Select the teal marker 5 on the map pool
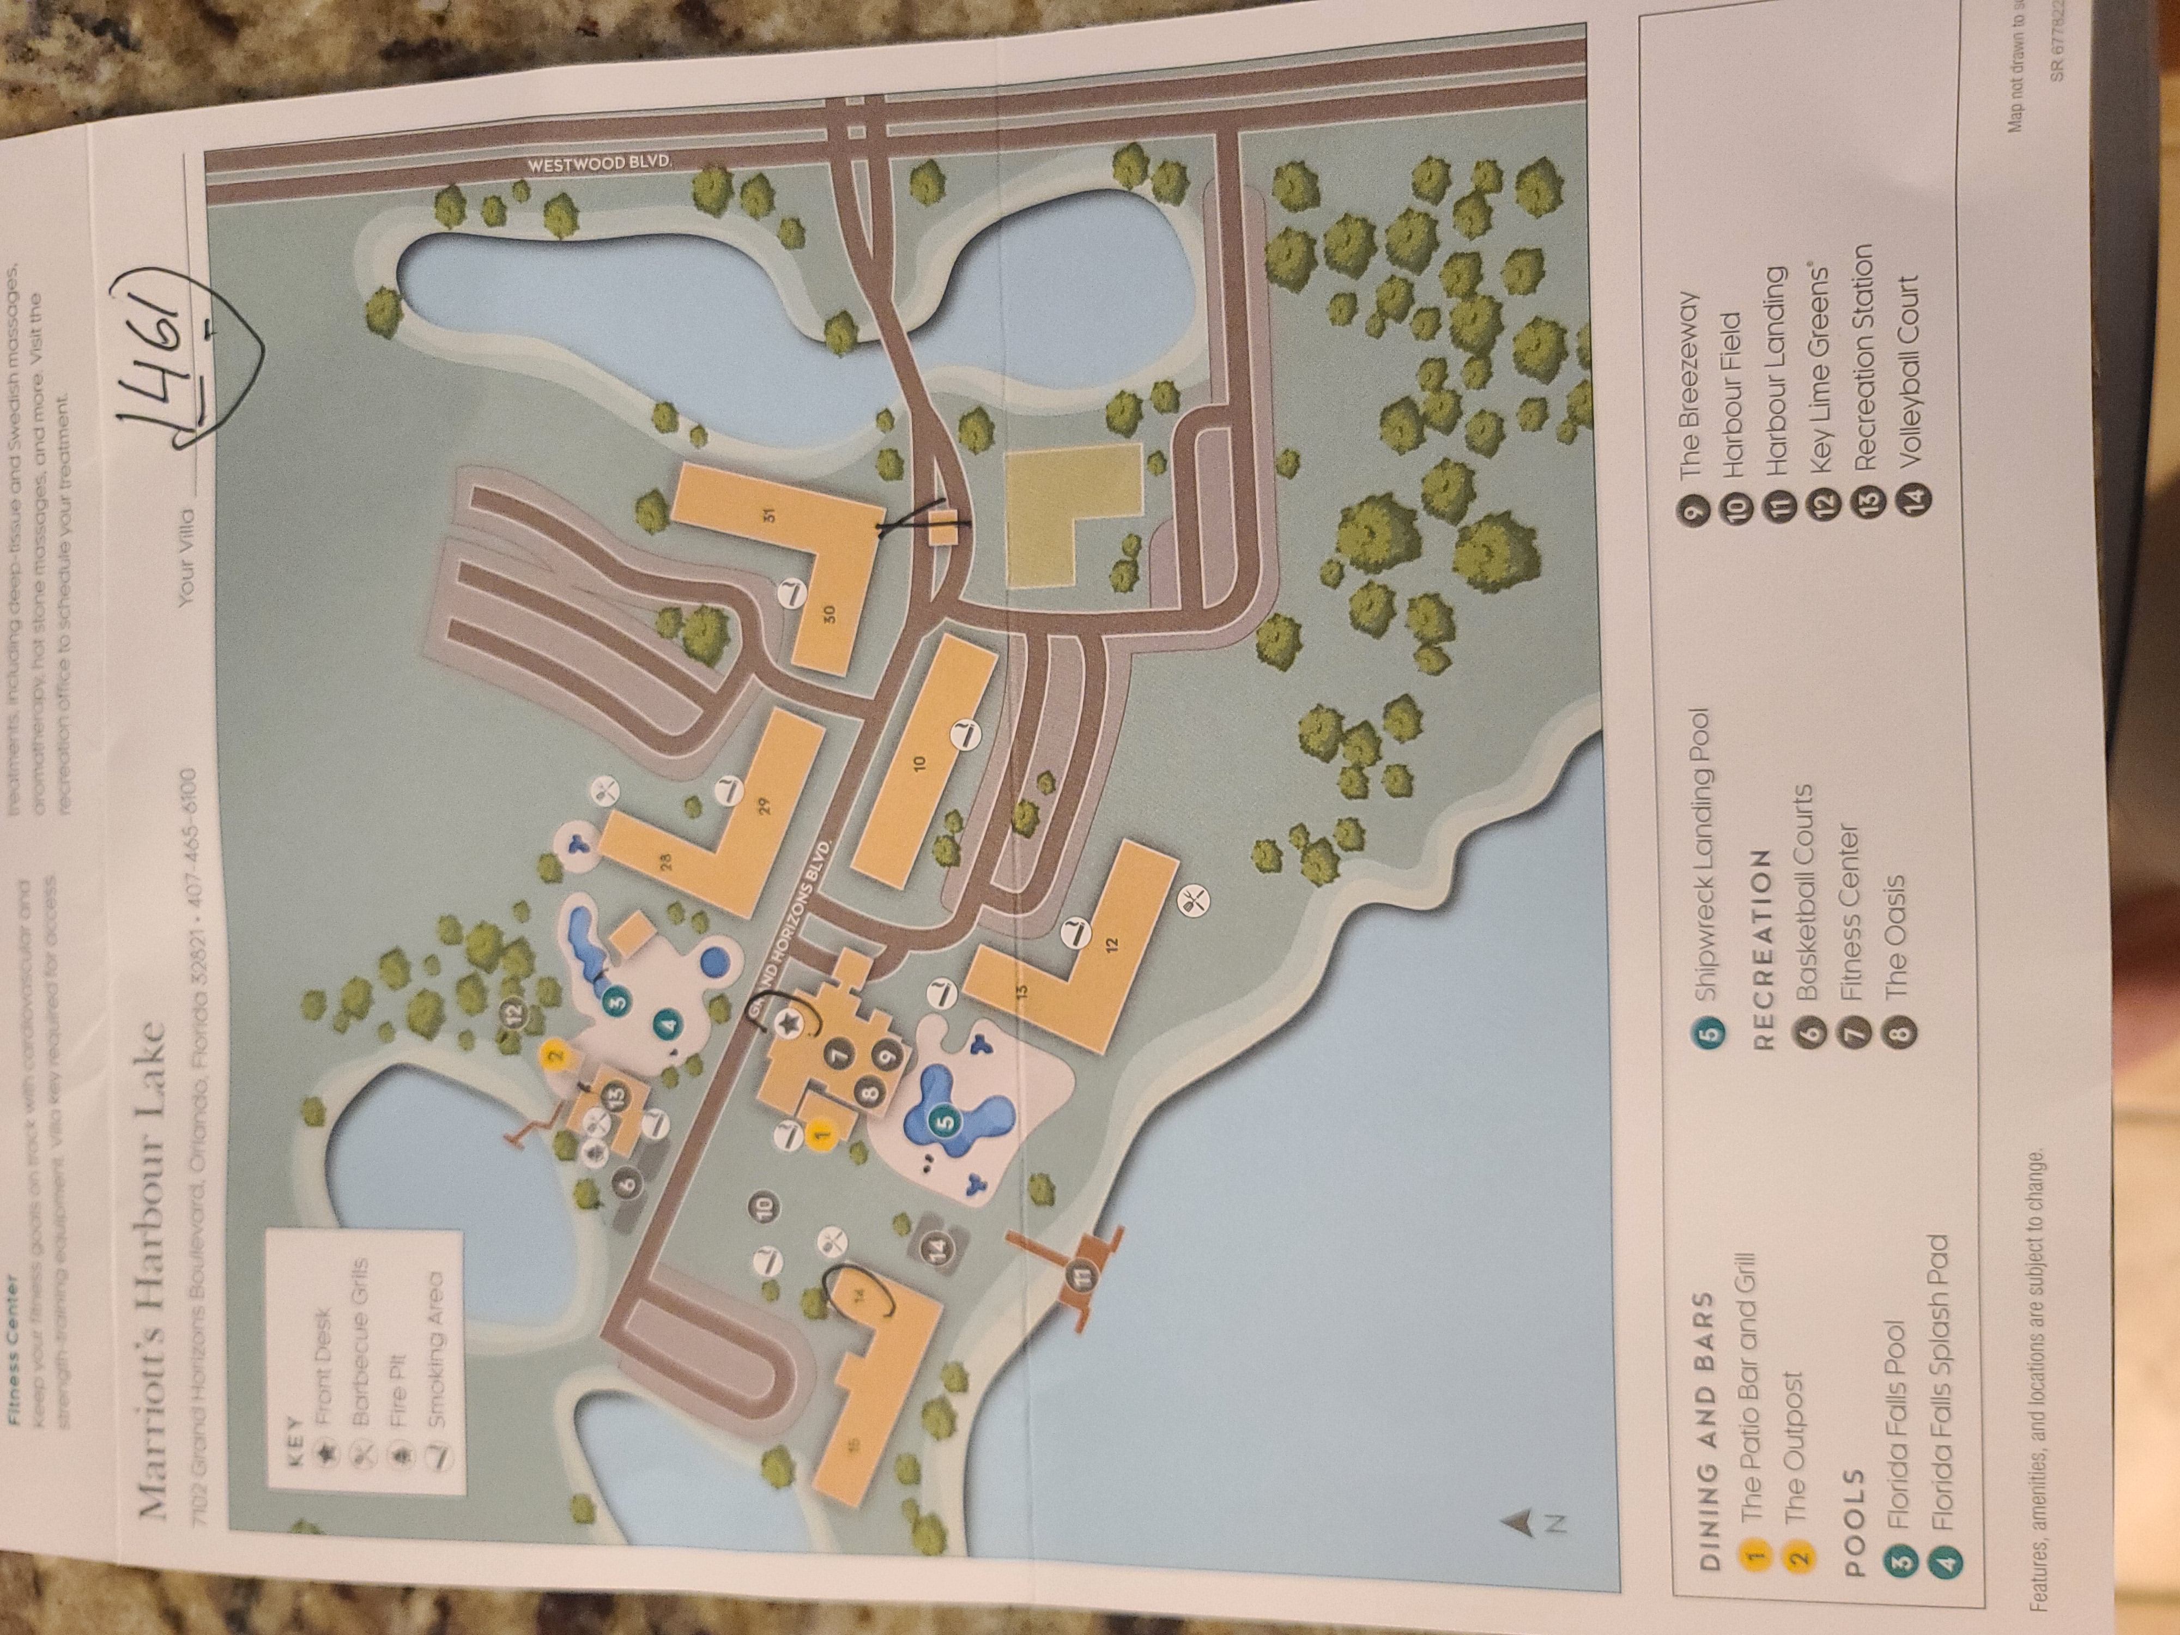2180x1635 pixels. tap(943, 1121)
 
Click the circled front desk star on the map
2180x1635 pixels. tap(789, 1026)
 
